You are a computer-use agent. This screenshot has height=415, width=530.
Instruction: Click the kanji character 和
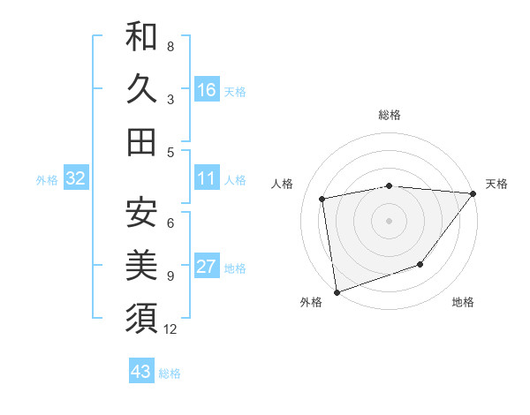tap(141, 38)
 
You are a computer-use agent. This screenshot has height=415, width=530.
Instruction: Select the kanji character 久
tap(141, 89)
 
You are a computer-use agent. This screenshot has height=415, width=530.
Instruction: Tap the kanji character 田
tap(141, 141)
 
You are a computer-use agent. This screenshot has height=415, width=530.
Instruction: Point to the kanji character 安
tap(141, 212)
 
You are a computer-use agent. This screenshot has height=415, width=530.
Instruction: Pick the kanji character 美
tap(141, 265)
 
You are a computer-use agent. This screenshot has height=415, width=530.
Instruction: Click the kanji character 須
tap(141, 317)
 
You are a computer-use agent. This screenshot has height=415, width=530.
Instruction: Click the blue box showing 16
tap(207, 89)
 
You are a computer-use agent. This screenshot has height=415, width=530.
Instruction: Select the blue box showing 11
tap(207, 178)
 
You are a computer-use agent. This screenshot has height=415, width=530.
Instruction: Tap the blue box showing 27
tap(207, 267)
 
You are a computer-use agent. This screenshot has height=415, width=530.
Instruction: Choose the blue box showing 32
tap(75, 178)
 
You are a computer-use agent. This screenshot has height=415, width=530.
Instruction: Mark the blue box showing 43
tap(141, 372)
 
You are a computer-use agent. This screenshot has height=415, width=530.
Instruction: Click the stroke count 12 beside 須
tap(171, 329)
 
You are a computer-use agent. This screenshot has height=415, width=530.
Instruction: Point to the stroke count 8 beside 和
tap(170, 46)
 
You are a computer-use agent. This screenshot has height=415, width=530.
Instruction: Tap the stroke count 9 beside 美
tap(170, 276)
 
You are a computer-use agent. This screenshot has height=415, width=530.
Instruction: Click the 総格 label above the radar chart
tap(390, 116)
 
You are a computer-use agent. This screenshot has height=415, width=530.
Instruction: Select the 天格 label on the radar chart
tap(496, 184)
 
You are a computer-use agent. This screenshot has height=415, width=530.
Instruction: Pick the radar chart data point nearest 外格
tap(337, 291)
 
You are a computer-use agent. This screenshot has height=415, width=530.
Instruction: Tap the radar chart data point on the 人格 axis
tap(323, 199)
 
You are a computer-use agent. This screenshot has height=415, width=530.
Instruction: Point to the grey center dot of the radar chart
tap(390, 220)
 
